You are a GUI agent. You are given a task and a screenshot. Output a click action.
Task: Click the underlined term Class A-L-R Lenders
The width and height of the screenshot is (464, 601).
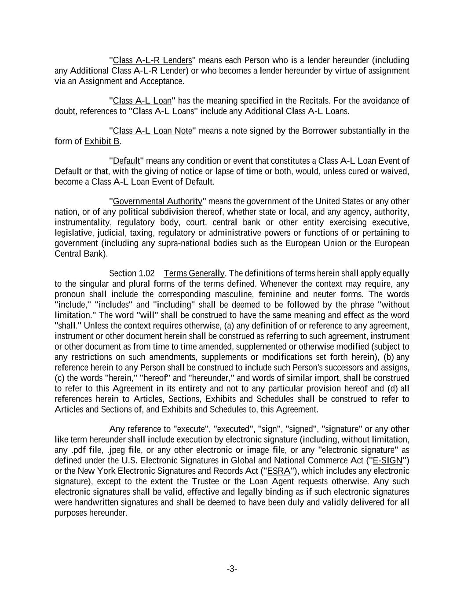coord(153,60)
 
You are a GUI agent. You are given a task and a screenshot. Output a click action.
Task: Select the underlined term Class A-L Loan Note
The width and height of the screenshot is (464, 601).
coord(153,131)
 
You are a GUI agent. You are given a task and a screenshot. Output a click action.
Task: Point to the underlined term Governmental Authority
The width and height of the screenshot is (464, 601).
coord(157,201)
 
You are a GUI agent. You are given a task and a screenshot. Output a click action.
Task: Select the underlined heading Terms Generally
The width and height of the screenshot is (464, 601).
coord(194,273)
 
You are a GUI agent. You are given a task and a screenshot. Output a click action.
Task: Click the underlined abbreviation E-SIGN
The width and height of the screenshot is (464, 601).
coord(387,461)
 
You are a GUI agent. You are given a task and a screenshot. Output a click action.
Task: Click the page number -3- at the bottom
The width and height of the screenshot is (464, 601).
coord(232,569)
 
